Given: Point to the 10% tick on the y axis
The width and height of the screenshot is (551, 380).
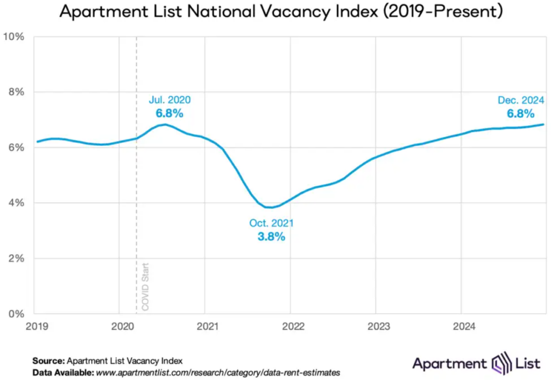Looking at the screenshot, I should [14, 37].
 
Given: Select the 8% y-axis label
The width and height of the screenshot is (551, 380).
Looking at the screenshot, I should [16, 92].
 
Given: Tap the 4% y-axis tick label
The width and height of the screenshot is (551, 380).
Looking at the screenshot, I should [16, 203].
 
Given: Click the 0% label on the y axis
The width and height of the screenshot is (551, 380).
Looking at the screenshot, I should [16, 314].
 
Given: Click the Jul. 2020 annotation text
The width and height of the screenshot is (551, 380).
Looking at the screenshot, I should [169, 100].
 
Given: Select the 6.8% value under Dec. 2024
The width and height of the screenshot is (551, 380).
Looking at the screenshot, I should [520, 114].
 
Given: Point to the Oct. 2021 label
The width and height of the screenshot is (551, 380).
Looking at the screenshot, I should [271, 223].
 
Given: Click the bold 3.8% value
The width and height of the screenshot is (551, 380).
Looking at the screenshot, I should [271, 237].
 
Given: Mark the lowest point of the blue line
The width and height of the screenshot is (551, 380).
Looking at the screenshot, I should [272, 207].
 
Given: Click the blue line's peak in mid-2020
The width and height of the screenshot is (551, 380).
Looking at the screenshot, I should [165, 124].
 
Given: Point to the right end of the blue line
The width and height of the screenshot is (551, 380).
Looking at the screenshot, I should [543, 124].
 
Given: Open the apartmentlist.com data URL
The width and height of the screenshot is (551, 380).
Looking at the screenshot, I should [218, 372].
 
